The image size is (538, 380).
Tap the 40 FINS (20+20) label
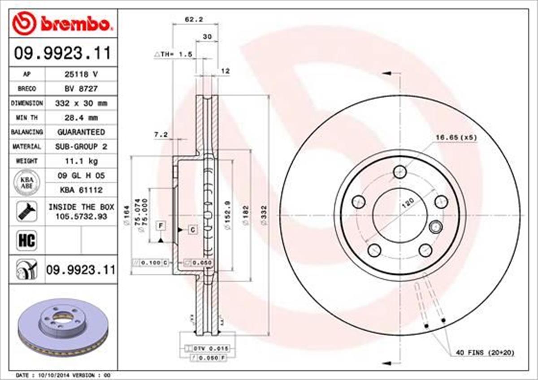click(485, 353)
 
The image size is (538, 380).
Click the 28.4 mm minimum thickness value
click(81, 117)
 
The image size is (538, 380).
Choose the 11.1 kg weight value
click(81, 160)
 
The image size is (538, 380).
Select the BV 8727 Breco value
click(81, 89)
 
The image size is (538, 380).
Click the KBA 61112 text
click(81, 190)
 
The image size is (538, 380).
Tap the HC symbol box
click(26, 241)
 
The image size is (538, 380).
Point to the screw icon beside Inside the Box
click(26, 211)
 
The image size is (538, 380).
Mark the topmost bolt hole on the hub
click(399, 171)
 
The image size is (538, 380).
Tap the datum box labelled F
click(160, 225)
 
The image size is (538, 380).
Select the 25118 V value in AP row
click(81, 74)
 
